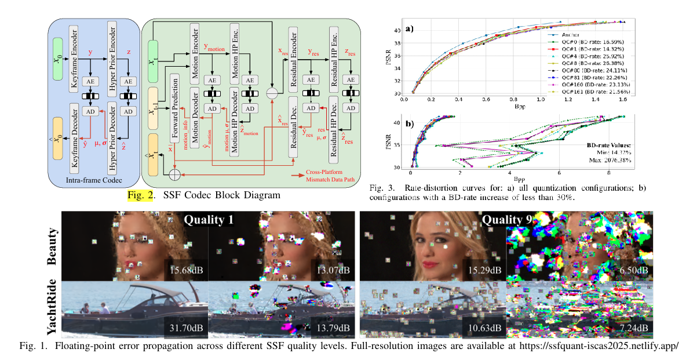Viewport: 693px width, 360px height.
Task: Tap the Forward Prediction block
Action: click(x=175, y=108)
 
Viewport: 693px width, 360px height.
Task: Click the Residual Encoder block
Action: click(x=293, y=54)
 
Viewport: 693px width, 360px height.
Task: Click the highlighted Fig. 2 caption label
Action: click(x=141, y=195)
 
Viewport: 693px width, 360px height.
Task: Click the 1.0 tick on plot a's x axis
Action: click(x=541, y=99)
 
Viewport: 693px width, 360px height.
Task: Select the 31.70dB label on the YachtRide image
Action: click(x=184, y=328)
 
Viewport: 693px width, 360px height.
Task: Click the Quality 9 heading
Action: click(x=505, y=220)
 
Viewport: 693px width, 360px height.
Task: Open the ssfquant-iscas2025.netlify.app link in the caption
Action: click(x=592, y=347)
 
